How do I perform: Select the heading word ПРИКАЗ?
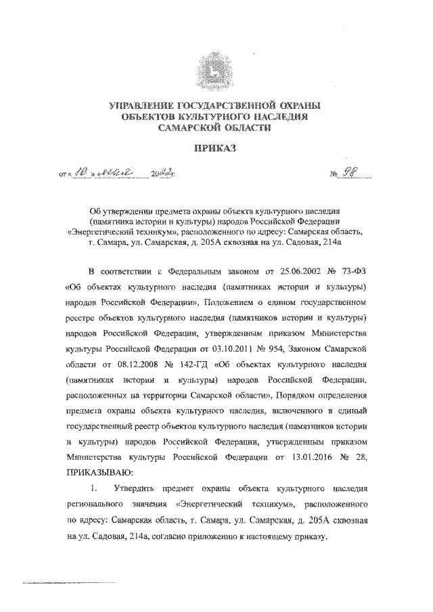(x=216, y=150)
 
